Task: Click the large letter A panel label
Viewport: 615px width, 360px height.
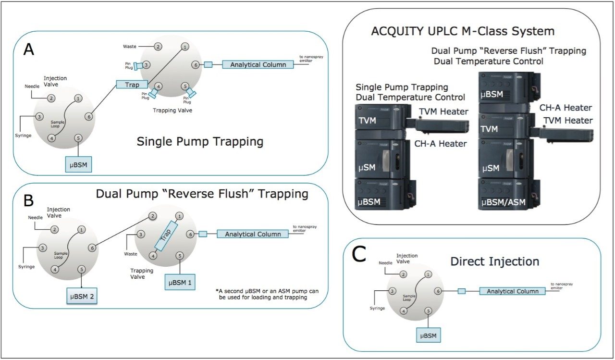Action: (29, 50)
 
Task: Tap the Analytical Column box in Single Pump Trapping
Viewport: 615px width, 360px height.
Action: (258, 64)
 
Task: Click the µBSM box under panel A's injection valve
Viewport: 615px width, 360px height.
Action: (79, 164)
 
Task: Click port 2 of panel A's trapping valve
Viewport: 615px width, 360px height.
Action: (158, 47)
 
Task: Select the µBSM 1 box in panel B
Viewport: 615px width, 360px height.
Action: (180, 282)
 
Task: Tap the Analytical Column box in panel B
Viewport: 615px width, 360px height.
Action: (253, 234)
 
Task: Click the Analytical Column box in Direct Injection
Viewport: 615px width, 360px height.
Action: (513, 291)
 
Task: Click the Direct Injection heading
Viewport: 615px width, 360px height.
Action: (494, 261)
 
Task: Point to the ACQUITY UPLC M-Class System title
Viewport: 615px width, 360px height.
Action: (463, 31)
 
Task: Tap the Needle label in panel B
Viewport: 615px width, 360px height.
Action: (36, 218)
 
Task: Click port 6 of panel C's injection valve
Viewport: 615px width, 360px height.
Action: (438, 291)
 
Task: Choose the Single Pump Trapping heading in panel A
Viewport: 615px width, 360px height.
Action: (200, 141)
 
